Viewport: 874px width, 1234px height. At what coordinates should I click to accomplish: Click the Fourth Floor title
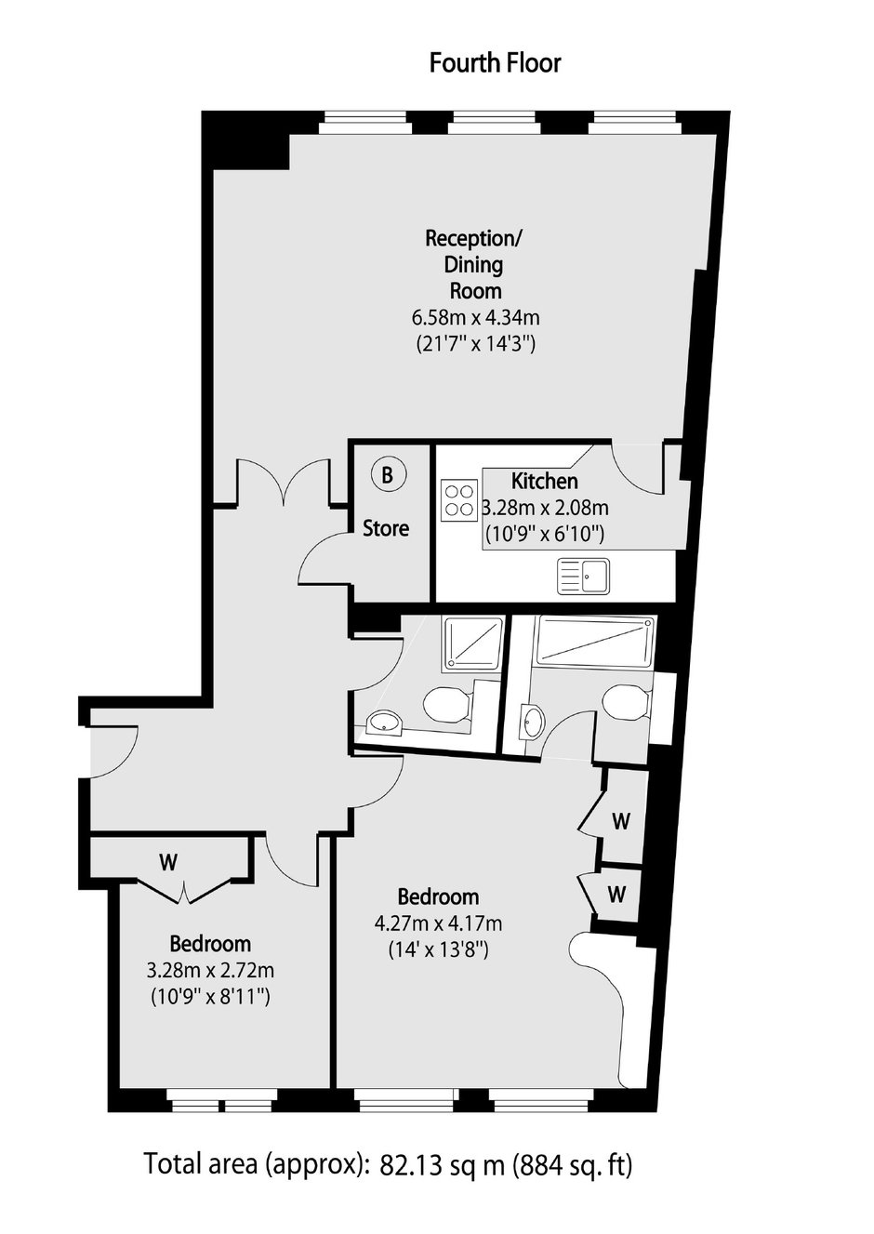pos(495,63)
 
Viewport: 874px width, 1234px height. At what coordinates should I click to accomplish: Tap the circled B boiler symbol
pos(387,474)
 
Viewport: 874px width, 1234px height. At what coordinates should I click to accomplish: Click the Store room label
pos(386,529)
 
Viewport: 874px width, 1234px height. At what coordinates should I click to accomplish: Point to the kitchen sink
pos(584,577)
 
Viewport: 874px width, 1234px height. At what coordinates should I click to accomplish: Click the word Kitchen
pos(544,482)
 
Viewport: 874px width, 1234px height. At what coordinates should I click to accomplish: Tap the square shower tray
pos(473,643)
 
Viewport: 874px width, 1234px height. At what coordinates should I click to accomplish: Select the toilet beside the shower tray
pos(448,704)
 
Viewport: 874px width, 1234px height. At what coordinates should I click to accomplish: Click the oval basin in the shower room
pos(384,723)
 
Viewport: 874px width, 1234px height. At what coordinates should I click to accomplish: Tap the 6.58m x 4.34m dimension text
pos(475,318)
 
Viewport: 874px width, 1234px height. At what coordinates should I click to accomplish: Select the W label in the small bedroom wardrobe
pos(168,862)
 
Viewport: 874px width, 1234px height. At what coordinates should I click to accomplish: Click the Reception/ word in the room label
pos(473,239)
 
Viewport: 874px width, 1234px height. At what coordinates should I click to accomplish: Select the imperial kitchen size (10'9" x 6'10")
pos(544,534)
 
